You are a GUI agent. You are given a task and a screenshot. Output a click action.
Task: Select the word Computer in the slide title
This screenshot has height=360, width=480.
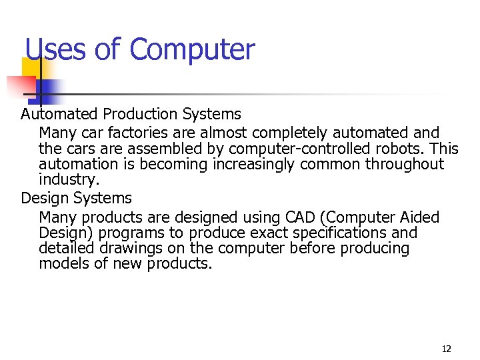[x=192, y=50]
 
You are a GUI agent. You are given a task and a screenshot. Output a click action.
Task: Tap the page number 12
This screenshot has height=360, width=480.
[x=446, y=349]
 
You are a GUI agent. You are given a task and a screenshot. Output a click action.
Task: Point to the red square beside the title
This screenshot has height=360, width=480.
[x=20, y=86]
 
